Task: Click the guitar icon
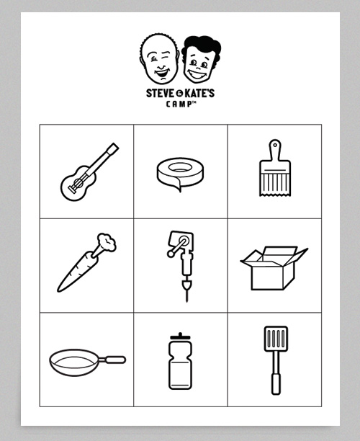89,172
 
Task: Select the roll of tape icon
180,174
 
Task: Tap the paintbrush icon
274,170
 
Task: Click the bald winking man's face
161,60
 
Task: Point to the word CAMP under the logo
179,103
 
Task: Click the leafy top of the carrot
107,243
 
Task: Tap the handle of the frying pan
113,359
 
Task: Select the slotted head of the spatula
275,338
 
